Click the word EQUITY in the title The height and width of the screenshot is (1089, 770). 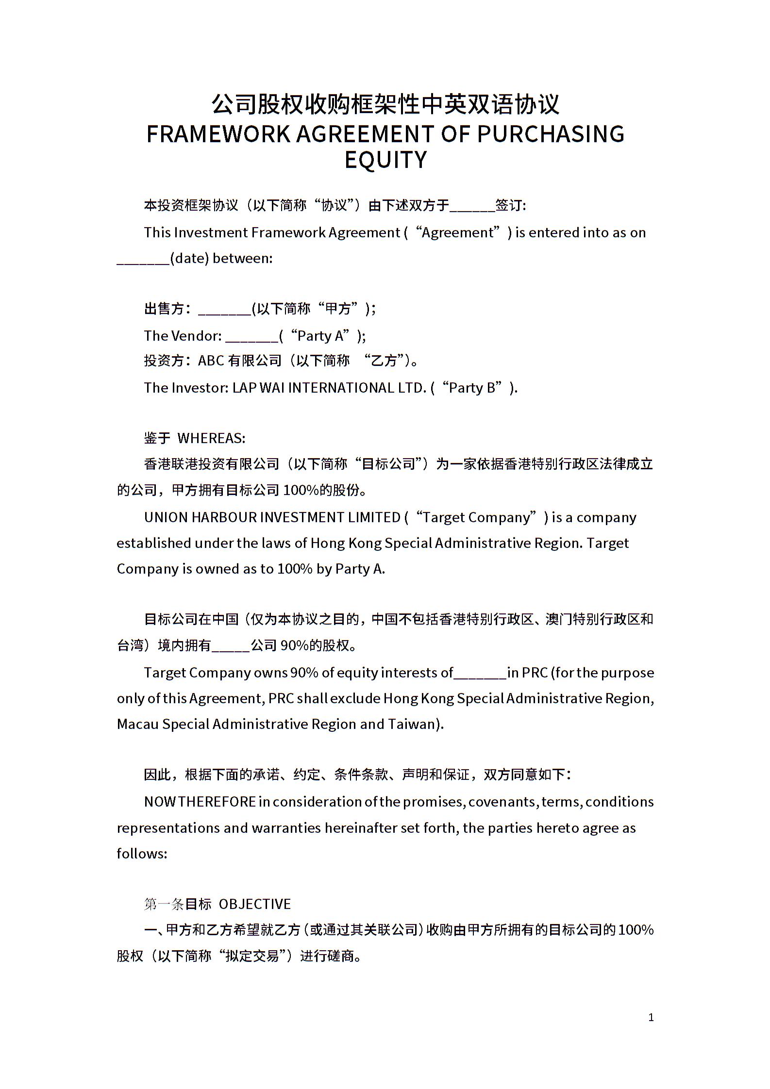tap(385, 160)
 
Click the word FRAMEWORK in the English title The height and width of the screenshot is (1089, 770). tap(218, 134)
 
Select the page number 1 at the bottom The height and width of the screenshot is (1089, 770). tap(651, 1017)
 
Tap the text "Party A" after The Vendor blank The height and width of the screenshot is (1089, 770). tap(323, 336)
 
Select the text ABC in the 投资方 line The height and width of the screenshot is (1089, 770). tap(211, 361)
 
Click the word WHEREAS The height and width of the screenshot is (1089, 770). tap(211, 438)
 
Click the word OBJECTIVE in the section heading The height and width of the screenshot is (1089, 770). tap(254, 904)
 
